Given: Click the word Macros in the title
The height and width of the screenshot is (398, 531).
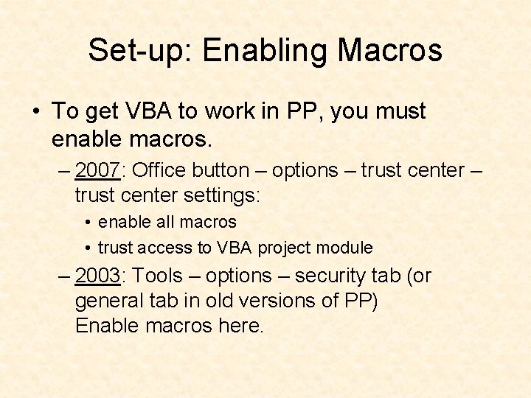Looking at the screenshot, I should coord(390,50).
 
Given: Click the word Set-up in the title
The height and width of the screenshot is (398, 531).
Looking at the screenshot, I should coord(139,50).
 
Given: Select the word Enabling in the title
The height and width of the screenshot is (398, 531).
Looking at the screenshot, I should coord(265,50).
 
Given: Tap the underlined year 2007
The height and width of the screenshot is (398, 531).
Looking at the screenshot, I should coord(97,170).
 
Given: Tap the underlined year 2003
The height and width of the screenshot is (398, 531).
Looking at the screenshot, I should coord(97,276).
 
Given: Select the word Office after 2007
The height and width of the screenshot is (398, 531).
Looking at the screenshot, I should coord(159,170).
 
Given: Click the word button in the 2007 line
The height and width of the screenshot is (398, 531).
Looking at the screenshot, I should coord(221,170).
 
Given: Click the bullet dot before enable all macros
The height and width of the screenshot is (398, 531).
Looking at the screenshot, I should coord(87,222).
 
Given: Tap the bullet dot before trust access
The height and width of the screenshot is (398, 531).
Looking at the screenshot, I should coord(87,248).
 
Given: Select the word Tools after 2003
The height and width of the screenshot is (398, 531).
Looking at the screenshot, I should coord(158,276).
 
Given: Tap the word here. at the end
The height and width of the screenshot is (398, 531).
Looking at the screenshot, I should coord(240,326).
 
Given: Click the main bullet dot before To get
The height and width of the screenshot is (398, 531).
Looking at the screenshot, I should coord(35,112).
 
